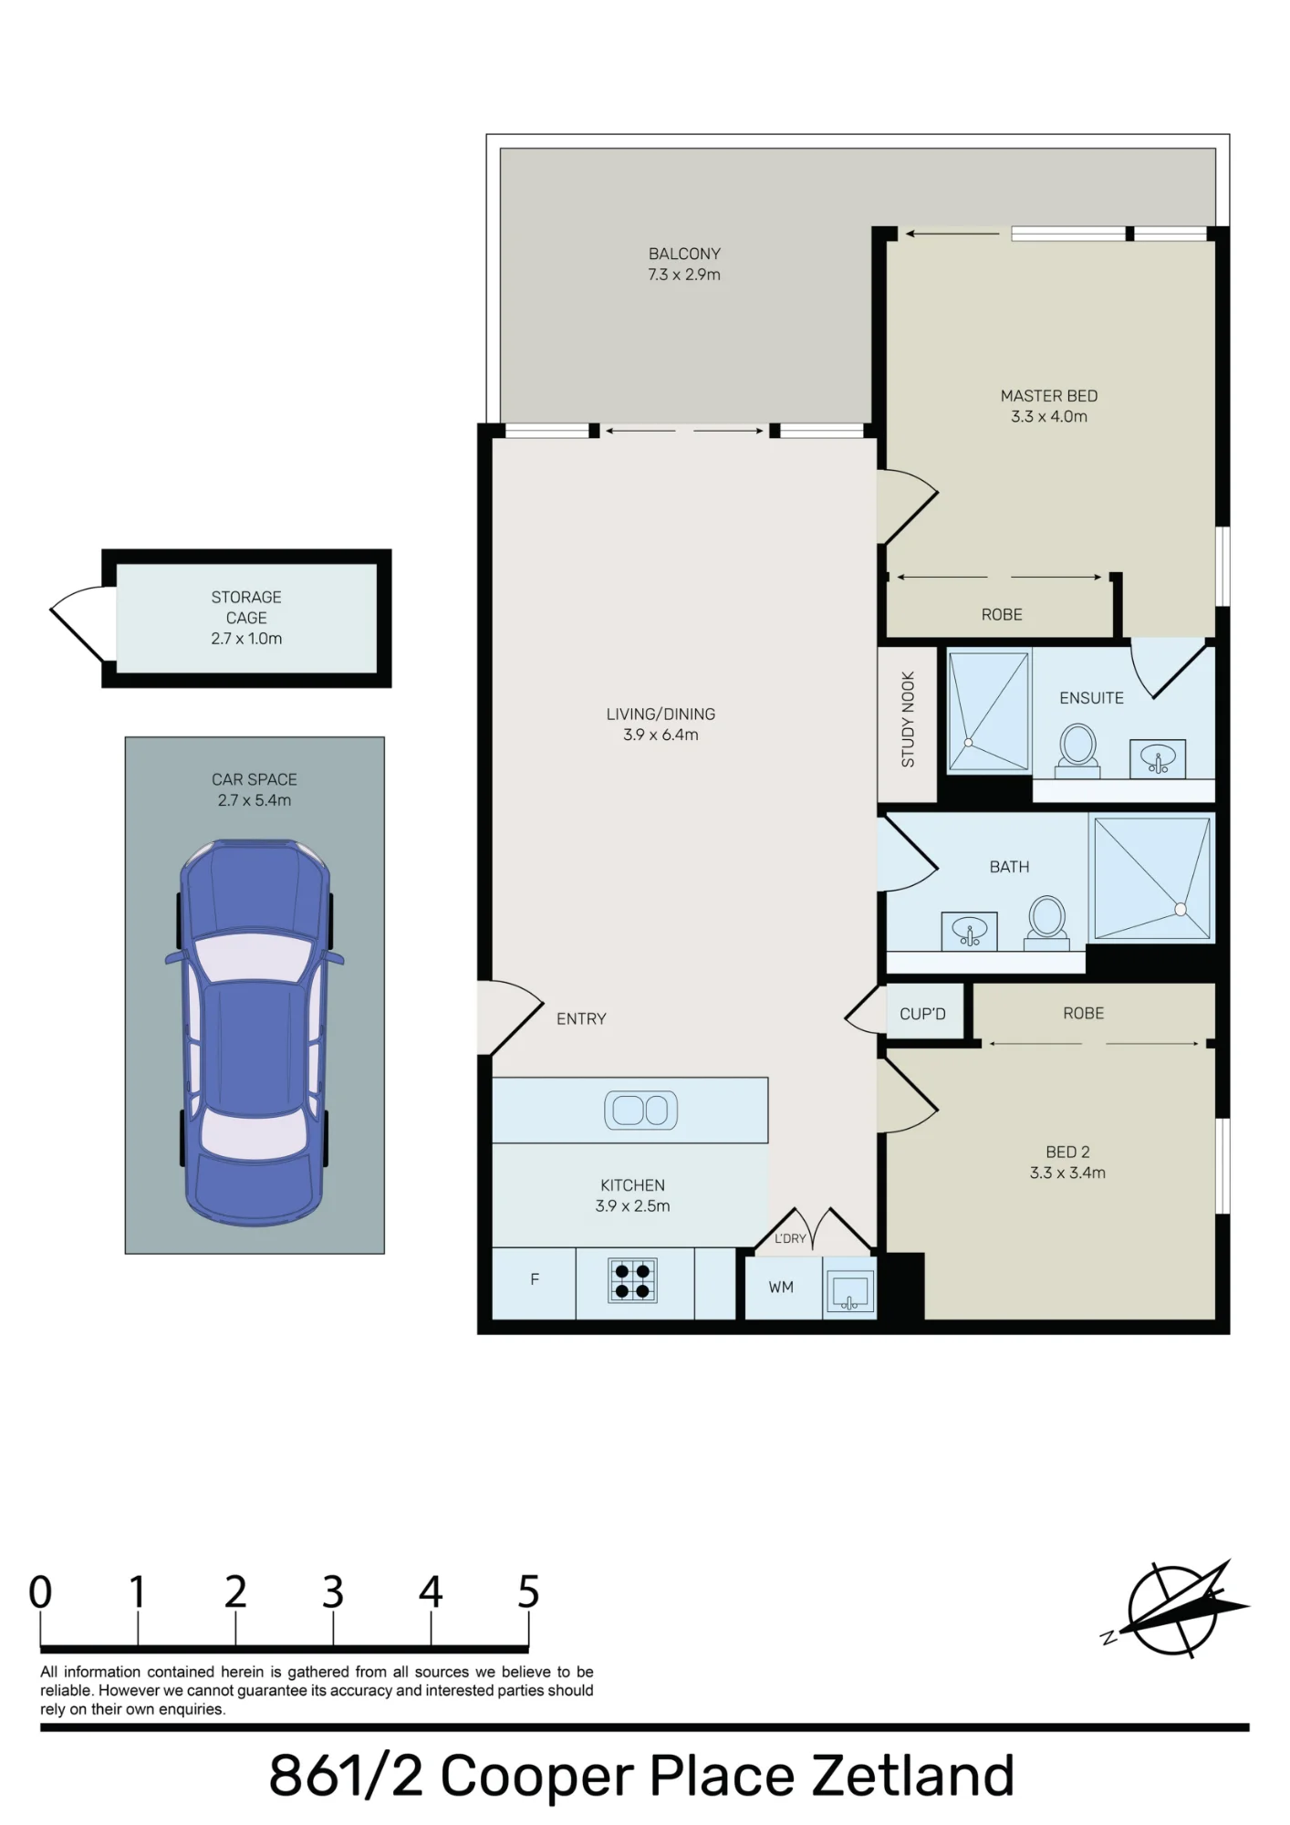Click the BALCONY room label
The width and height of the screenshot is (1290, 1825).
click(684, 254)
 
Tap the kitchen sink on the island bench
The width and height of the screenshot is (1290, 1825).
click(640, 1110)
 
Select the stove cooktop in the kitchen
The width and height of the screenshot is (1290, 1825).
click(632, 1279)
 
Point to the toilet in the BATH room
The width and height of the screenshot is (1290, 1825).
click(1046, 922)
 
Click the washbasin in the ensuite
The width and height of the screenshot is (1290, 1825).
click(1158, 758)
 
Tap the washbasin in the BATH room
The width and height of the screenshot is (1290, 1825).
click(969, 932)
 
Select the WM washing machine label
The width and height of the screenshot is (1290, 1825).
click(781, 1287)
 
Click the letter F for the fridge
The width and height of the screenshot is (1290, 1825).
click(535, 1279)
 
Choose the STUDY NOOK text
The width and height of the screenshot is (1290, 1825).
click(908, 719)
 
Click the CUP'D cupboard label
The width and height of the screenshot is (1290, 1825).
click(922, 1014)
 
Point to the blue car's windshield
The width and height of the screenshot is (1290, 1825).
click(254, 955)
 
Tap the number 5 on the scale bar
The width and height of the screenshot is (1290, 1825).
click(528, 1591)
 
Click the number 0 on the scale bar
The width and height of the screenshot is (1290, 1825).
click(40, 1591)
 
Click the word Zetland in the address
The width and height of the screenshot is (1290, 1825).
click(912, 1776)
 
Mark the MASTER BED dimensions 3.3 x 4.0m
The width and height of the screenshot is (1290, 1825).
click(1049, 416)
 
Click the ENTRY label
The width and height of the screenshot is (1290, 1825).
click(581, 1018)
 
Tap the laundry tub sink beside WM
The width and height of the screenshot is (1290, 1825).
click(849, 1290)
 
